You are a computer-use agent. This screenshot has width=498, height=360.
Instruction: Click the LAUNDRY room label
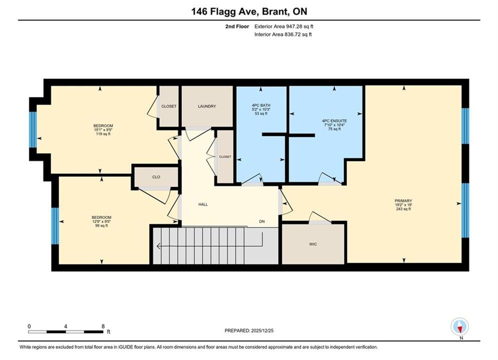pyautogui.click(x=207, y=106)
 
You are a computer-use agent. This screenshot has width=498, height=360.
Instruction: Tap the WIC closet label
pyautogui.click(x=313, y=244)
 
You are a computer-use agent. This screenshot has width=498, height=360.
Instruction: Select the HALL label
pyautogui.click(x=203, y=204)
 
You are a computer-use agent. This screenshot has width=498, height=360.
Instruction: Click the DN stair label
pyautogui.click(x=262, y=221)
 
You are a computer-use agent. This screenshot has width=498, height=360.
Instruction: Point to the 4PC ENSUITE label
pyautogui.click(x=334, y=121)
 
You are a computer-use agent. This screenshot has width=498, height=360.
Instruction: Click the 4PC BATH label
pyautogui.click(x=261, y=105)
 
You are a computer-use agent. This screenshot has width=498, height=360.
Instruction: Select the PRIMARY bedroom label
pyautogui.click(x=403, y=201)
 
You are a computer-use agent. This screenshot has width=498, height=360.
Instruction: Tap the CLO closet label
pyautogui.click(x=156, y=177)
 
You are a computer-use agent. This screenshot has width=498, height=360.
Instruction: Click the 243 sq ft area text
pyautogui.click(x=403, y=209)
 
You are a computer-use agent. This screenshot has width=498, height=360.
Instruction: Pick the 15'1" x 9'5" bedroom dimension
pyautogui.click(x=103, y=129)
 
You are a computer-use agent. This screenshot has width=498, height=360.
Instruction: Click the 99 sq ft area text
pyautogui.click(x=102, y=225)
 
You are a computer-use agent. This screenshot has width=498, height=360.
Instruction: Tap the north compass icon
pyautogui.click(x=459, y=326)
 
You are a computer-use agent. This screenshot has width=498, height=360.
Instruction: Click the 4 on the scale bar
pyautogui.click(x=66, y=326)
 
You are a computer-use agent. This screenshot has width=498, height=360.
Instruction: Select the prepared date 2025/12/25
pyautogui.click(x=262, y=330)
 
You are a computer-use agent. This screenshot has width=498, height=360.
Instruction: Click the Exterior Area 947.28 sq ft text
pyautogui.click(x=284, y=26)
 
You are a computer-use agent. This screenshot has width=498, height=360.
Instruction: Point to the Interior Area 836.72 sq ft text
pyautogui.click(x=283, y=34)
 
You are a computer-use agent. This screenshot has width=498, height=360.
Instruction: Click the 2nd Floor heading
pyautogui.click(x=237, y=26)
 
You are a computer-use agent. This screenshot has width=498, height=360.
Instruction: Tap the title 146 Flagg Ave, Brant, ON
pyautogui.click(x=249, y=11)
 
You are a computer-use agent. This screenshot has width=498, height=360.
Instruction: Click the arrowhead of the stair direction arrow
pyautogui.click(x=159, y=246)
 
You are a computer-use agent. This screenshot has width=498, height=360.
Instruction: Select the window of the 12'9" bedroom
pyautogui.click(x=55, y=226)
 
